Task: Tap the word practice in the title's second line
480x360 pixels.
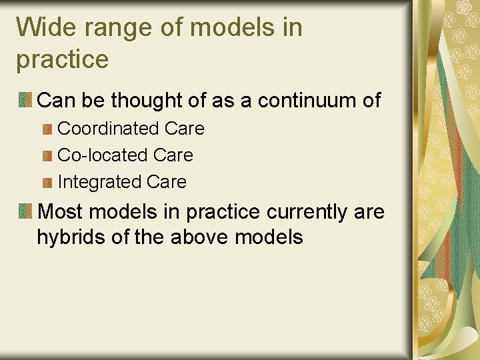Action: pos(62,60)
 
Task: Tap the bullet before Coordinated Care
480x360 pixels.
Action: pos(47,129)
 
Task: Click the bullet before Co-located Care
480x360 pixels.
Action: pos(47,156)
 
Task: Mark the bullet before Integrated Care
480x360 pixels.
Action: pos(47,183)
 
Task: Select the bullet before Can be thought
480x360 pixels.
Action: pos(25,101)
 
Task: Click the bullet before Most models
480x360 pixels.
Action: pos(25,212)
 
